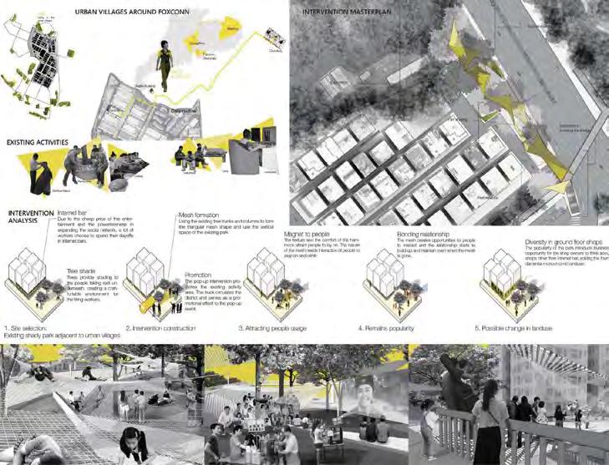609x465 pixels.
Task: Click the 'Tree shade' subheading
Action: tap(80, 270)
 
